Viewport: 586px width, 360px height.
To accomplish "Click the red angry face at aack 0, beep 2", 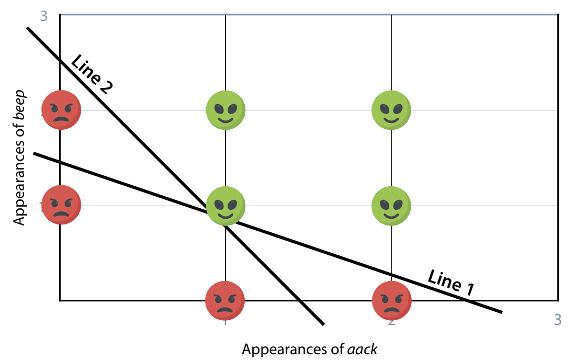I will click(61, 110).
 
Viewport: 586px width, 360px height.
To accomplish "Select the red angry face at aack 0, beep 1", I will click(61, 205).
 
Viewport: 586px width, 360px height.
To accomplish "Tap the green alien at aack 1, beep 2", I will click(226, 110).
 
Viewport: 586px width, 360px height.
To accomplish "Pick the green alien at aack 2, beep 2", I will click(391, 110).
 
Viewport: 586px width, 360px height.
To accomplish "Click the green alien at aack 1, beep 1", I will click(226, 205).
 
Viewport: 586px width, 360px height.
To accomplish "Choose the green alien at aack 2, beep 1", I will click(391, 205).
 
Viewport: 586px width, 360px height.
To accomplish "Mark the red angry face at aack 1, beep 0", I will click(225, 300).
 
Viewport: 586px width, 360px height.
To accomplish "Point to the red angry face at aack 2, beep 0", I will click(391, 300).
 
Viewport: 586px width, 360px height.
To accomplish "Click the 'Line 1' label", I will click(452, 283).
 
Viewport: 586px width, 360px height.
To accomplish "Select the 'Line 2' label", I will click(92, 74).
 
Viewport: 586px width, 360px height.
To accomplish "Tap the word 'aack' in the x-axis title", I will click(363, 349).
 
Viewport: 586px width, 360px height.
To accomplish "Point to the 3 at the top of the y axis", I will click(44, 16).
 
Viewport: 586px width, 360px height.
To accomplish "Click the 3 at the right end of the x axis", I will click(558, 319).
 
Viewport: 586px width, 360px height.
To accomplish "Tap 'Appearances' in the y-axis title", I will click(19, 180).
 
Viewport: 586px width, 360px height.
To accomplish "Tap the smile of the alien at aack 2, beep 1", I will click(391, 213).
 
